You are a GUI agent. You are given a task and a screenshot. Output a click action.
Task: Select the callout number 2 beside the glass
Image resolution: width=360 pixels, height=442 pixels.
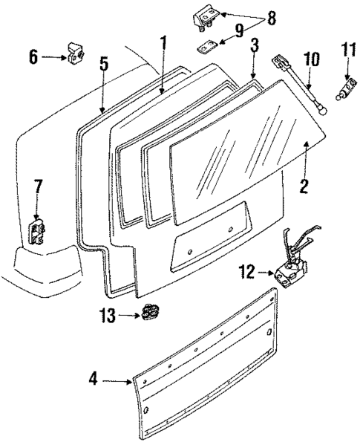coord(304,185)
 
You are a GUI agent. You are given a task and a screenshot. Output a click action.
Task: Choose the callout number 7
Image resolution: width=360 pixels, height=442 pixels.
coord(38,185)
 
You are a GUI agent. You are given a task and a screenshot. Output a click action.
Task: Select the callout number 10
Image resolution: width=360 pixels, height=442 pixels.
coord(310,58)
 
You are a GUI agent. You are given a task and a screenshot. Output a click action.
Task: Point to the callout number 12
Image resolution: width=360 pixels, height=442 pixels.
coord(248,274)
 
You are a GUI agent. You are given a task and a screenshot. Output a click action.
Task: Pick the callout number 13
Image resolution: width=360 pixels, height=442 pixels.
coord(108,316)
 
